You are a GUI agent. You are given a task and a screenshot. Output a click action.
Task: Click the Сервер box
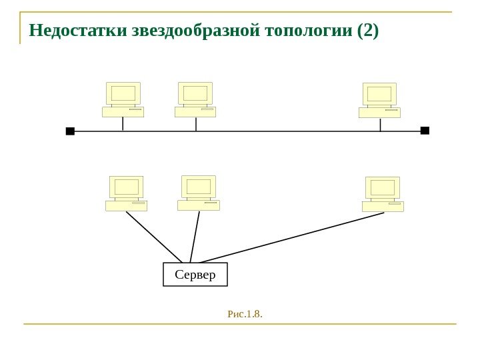pos(195,274)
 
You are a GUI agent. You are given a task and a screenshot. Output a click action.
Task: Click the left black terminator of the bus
pos(70,131)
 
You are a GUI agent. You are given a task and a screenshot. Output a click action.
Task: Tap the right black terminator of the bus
pos(425,131)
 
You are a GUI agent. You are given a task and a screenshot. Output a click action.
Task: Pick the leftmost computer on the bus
pos(123,99)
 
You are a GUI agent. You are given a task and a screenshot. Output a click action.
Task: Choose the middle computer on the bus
pos(195,99)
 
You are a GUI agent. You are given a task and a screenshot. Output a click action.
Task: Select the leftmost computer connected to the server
pos(126,193)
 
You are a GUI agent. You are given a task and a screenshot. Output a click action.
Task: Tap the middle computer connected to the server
pos(199,193)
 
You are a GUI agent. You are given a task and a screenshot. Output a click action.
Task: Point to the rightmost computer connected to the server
pos(383,194)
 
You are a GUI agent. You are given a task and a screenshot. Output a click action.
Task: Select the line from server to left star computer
pos(154,237)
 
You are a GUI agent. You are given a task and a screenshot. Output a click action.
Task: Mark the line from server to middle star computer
pos(195,237)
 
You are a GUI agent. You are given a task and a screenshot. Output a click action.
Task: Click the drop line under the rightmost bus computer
pos(380,125)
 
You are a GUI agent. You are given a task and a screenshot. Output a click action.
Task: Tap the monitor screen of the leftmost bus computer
pos(123,93)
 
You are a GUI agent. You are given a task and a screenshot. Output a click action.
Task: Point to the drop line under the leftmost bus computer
pos(123,124)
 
